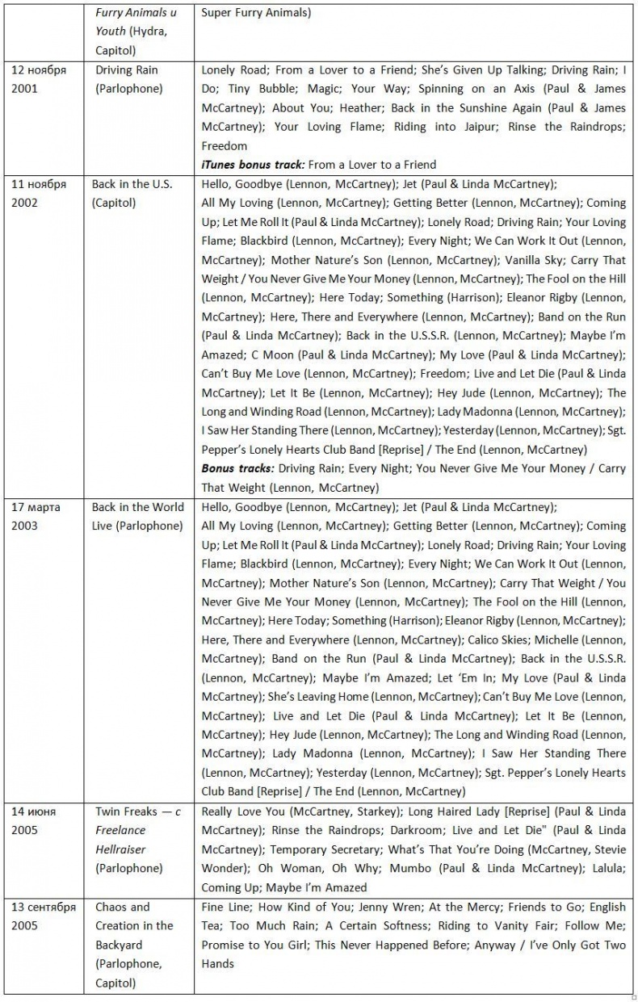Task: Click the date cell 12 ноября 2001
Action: [38, 79]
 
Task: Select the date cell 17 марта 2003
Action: [36, 516]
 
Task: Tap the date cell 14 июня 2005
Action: [35, 820]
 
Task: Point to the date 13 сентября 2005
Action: [44, 916]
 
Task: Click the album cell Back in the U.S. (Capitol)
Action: [132, 193]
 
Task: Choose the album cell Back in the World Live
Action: [137, 516]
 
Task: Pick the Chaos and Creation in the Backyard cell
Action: [134, 945]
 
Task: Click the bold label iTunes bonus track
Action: [252, 164]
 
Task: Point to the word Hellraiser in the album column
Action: [121, 849]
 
